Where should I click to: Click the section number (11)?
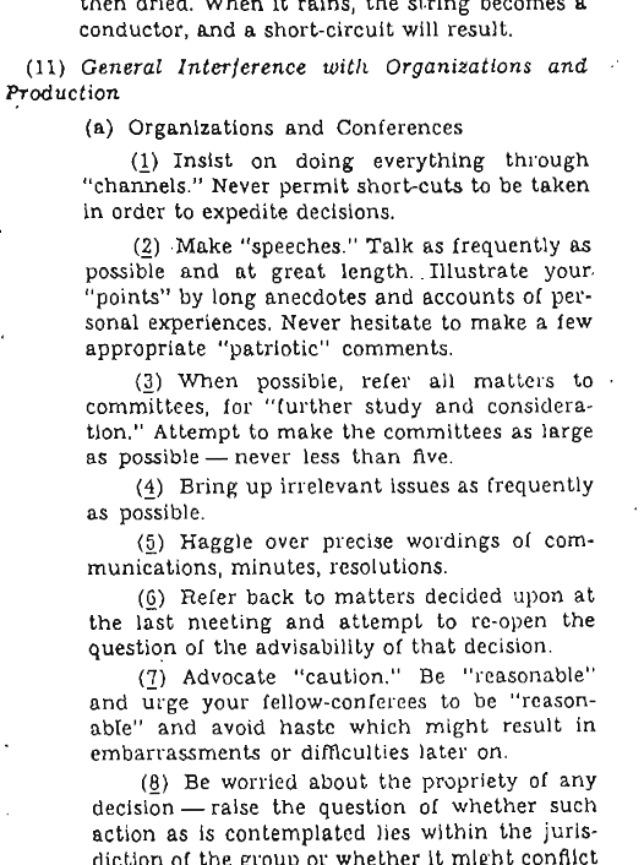click(46, 67)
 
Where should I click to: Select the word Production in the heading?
click(62, 93)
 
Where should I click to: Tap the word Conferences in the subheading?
click(399, 127)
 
